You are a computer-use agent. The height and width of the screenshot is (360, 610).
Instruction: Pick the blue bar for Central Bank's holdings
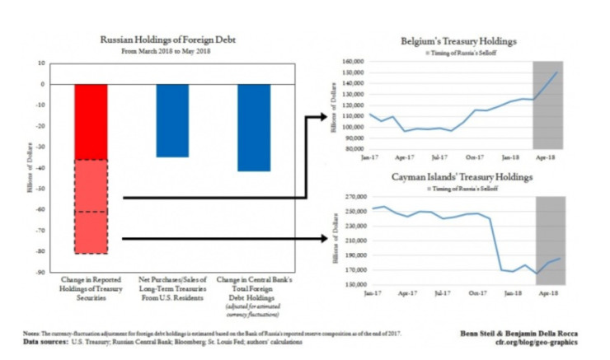click(x=254, y=127)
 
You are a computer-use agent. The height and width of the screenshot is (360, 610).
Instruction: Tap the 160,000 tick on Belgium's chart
click(x=351, y=61)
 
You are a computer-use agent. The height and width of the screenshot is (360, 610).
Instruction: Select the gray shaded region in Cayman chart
click(x=547, y=241)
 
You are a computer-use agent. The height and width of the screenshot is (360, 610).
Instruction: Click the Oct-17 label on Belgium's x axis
click(x=475, y=156)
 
